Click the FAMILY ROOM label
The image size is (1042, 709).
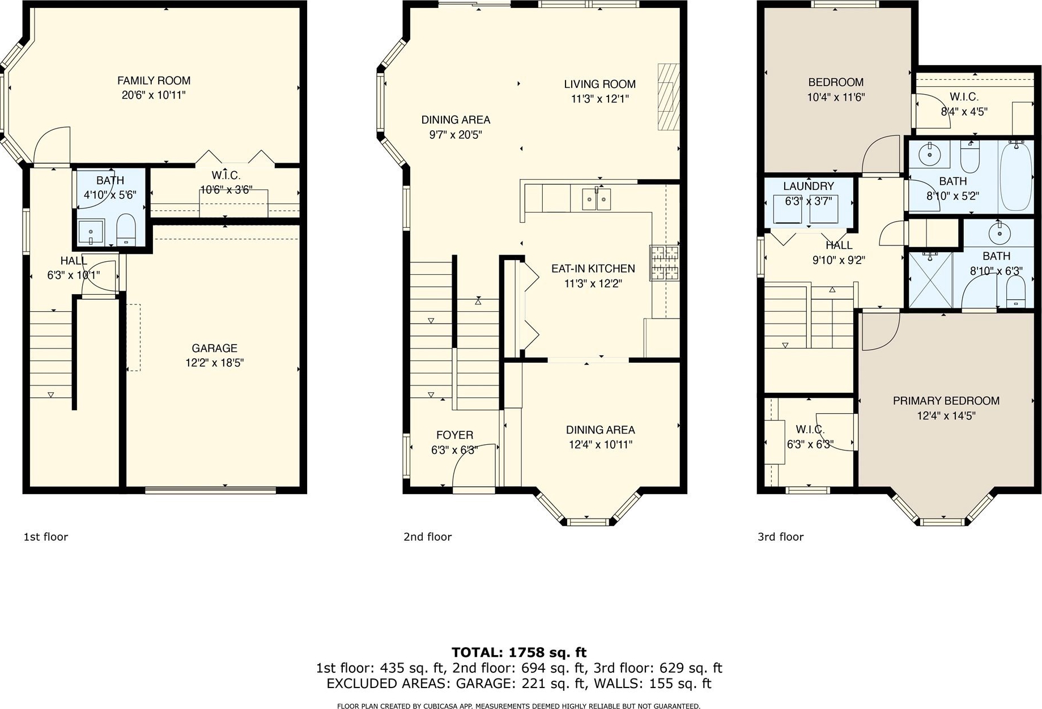click(x=154, y=80)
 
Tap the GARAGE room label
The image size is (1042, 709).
click(x=214, y=348)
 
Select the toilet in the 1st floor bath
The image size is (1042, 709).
click(x=126, y=230)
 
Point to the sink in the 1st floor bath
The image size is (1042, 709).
click(x=91, y=232)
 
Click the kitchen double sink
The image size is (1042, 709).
click(x=596, y=199)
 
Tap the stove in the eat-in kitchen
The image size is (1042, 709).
click(x=664, y=263)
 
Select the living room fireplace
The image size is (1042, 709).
click(x=668, y=97)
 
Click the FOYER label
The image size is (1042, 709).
click(x=454, y=435)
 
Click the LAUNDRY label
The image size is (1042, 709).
click(x=809, y=186)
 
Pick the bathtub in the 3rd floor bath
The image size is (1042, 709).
click(x=1017, y=176)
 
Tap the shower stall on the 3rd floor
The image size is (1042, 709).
click(x=930, y=280)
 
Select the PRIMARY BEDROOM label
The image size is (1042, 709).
click(x=946, y=401)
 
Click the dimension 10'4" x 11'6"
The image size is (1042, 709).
click(x=836, y=97)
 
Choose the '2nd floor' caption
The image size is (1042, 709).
click(x=427, y=536)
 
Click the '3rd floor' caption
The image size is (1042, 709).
click(x=780, y=536)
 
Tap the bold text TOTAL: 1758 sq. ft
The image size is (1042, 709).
click(x=518, y=652)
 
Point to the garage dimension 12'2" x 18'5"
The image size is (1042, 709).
click(x=214, y=363)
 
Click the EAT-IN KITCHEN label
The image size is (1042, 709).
click(x=593, y=269)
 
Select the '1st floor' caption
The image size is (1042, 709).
click(x=45, y=536)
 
